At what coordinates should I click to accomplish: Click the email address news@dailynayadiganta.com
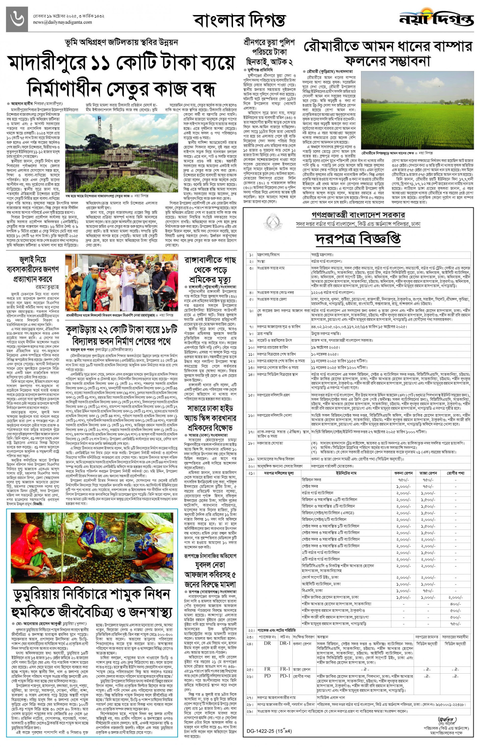pos(62,22)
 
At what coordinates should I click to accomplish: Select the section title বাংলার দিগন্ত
pos(239,20)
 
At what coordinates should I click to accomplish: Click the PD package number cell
pos(267,676)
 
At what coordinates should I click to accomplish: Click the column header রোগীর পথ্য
pos(455,473)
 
